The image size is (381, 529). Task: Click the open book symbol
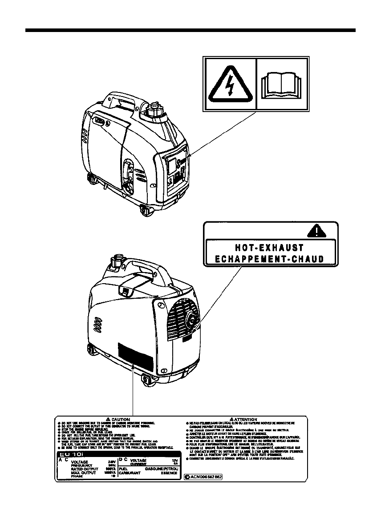pyautogui.click(x=282, y=85)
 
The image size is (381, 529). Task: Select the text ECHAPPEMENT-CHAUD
pyautogui.click(x=269, y=259)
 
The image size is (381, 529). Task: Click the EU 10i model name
pyautogui.click(x=69, y=454)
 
